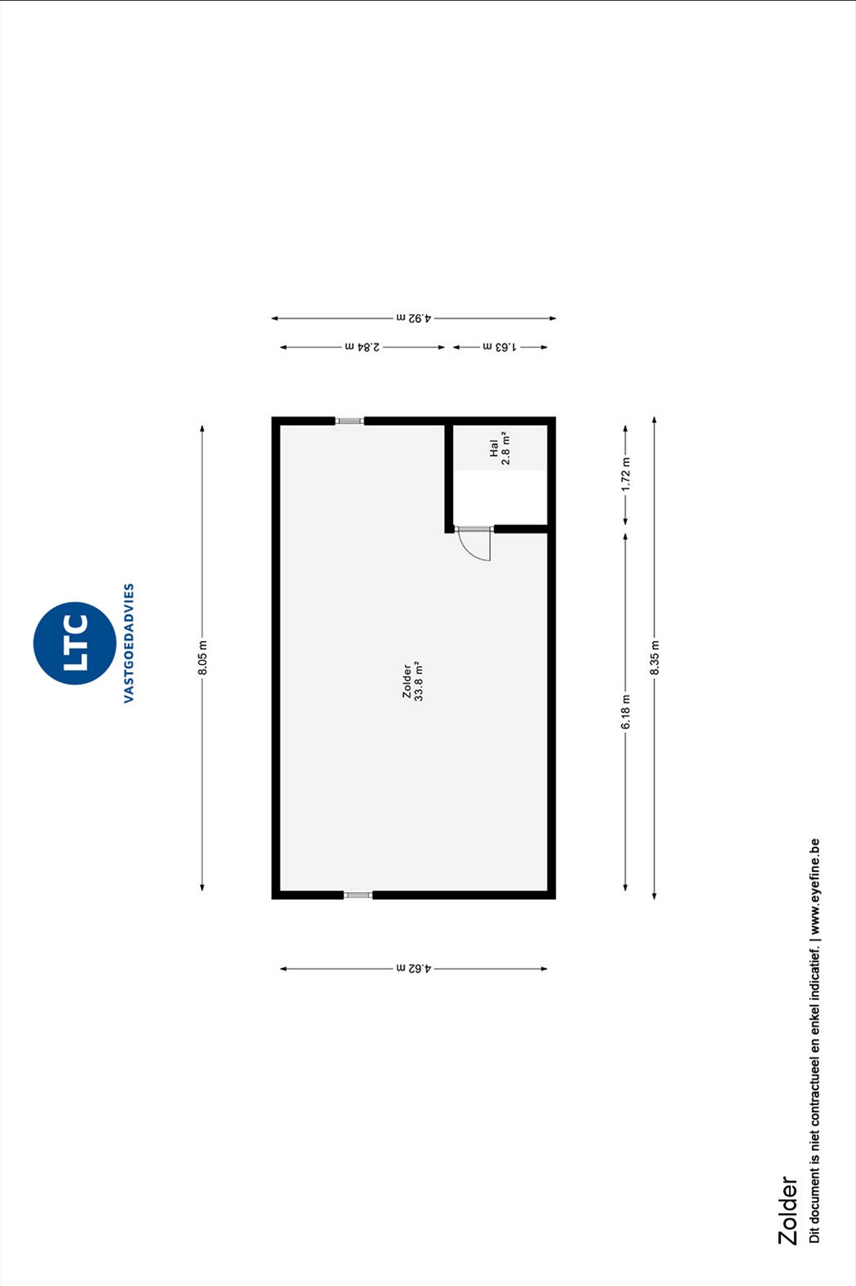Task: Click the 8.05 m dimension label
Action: pos(202,657)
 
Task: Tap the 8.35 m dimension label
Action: pos(654,657)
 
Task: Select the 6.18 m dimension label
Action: pos(626,712)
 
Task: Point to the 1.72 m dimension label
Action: pos(626,474)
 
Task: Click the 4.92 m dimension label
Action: pos(414,317)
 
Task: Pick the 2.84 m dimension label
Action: pos(362,347)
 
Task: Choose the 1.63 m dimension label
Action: pos(500,347)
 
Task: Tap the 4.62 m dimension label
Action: pos(414,969)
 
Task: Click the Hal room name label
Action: pos(494,448)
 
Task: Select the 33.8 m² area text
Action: pos(419,681)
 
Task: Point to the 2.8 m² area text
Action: pos(506,448)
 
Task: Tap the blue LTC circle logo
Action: pos(74,643)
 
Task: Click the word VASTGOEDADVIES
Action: pos(129,643)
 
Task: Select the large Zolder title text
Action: pos(788,1210)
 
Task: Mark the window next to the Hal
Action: pos(350,421)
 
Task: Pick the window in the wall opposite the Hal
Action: pos(358,895)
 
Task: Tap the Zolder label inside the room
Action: pos(407,681)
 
